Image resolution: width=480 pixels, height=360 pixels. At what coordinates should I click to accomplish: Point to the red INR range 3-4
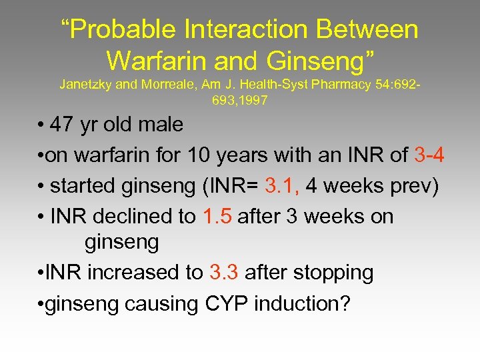[429, 155]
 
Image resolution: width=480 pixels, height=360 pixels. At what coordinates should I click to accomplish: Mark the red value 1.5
[214, 217]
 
